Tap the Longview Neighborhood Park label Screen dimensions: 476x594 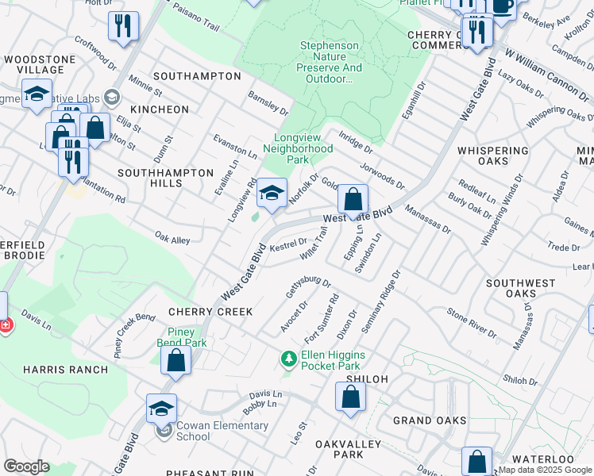coord(298,148)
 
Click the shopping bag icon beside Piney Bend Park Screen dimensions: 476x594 coord(176,360)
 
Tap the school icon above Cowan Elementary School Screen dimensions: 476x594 coord(161,409)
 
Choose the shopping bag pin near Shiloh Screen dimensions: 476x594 coord(350,398)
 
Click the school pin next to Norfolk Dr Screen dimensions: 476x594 coord(272,194)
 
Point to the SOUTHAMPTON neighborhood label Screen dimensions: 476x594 coord(197,76)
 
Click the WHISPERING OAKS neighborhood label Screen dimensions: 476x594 coord(493,155)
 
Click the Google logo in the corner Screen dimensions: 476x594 coord(26,466)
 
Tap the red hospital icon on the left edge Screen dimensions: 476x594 coord(4,325)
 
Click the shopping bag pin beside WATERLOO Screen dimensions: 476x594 coord(476,461)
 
